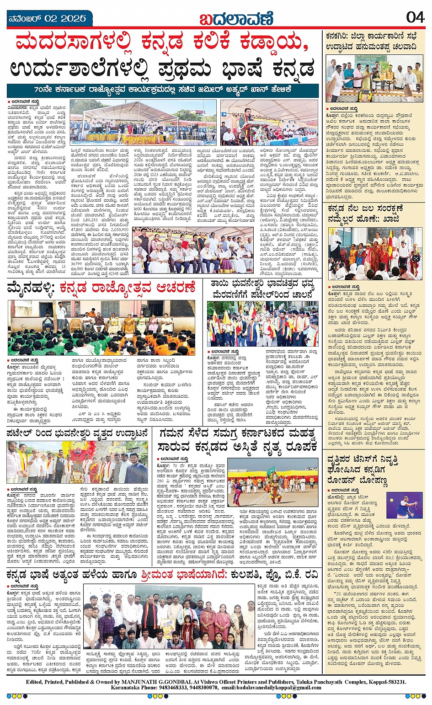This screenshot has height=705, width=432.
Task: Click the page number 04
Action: point(415,17)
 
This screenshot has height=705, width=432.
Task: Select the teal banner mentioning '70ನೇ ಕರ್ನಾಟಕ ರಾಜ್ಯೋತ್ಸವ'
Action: point(162,89)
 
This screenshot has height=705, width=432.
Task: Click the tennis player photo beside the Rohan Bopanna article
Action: point(404,505)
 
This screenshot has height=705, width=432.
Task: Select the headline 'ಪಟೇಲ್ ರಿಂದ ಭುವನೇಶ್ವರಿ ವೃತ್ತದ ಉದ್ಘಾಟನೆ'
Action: point(77,433)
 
